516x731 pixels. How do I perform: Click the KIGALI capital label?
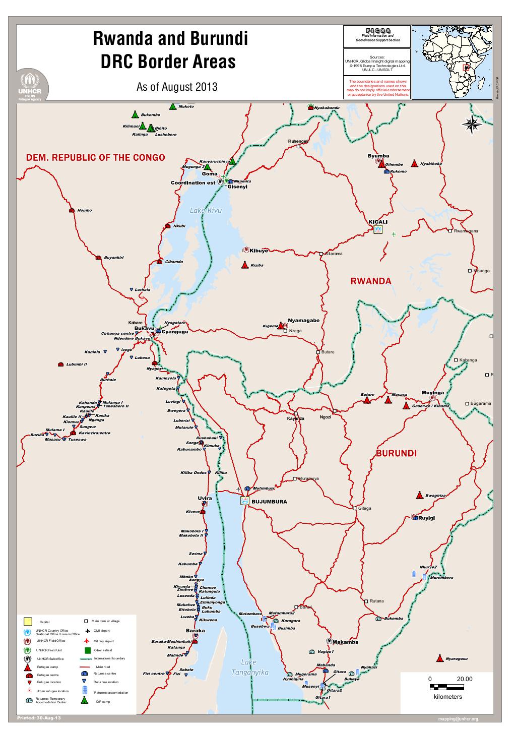378,222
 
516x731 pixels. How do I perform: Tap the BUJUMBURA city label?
269,502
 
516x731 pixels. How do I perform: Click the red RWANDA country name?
370,281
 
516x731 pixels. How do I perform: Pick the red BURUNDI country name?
396,453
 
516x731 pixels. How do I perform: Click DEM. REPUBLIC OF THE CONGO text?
95,157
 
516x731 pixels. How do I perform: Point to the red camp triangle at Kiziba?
244,265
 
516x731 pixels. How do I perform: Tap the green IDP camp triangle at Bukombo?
135,114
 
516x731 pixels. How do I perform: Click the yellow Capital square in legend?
28,621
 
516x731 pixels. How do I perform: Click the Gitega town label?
365,508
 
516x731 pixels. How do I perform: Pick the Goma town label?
210,174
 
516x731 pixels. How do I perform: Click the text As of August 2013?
176,87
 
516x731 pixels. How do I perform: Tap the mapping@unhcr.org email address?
458,719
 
